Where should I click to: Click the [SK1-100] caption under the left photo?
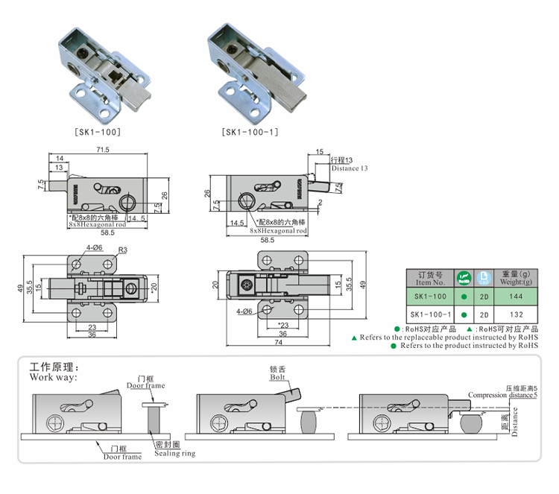[x=98, y=132]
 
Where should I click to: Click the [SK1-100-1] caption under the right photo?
[x=250, y=132]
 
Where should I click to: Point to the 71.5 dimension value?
[x=103, y=150]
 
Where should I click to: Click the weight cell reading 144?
[x=511, y=296]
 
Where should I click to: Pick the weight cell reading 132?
[x=511, y=314]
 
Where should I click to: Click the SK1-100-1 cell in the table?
[x=430, y=314]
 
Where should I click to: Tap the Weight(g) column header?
[x=511, y=279]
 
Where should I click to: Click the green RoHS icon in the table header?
[x=464, y=278]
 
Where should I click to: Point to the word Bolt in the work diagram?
[x=278, y=378]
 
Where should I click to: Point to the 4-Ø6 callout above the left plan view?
[x=95, y=247]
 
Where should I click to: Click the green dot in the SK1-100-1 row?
[x=464, y=314]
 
